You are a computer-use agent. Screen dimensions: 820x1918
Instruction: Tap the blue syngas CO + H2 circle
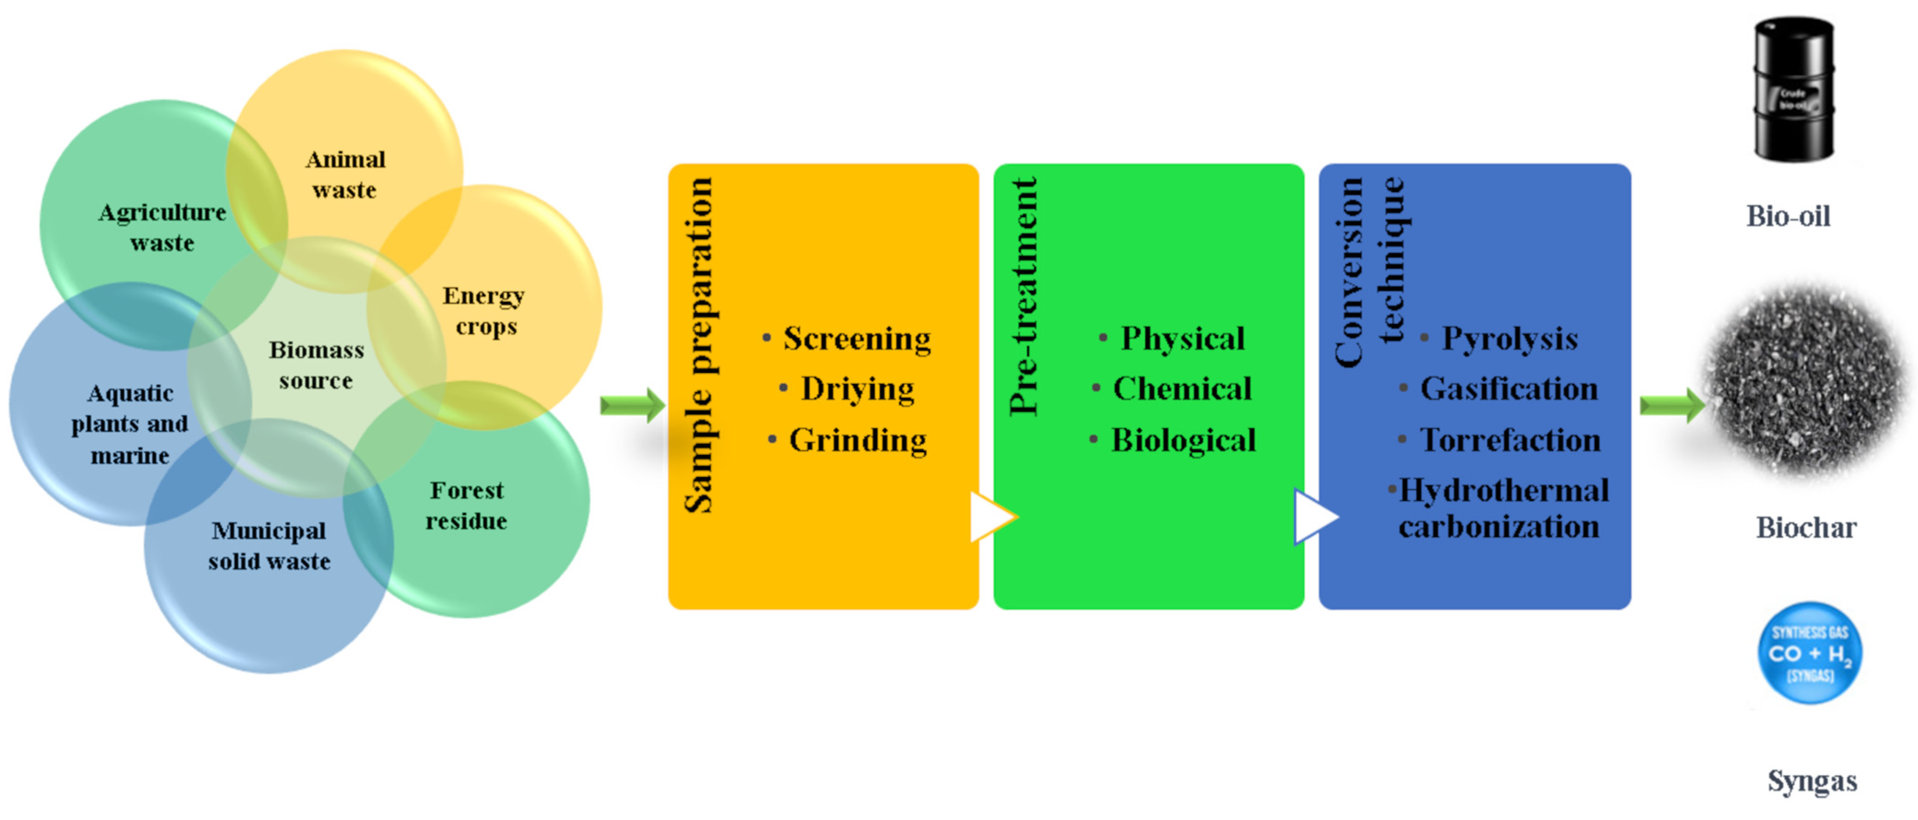tap(1809, 653)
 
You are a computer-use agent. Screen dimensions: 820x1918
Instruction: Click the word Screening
tap(856, 339)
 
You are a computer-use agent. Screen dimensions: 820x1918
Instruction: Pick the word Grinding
tap(858, 440)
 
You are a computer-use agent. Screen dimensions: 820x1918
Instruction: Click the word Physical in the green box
tap(1183, 339)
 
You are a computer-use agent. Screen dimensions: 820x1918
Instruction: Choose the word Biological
tap(1183, 440)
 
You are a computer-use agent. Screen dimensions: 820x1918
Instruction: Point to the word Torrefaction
tap(1510, 440)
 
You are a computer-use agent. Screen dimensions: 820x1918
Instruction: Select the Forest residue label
tap(466, 506)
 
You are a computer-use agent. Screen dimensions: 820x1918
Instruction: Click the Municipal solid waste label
tap(269, 546)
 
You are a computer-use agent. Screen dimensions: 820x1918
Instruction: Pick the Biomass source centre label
tap(317, 365)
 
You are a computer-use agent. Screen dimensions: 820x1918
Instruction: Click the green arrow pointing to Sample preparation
tap(632, 405)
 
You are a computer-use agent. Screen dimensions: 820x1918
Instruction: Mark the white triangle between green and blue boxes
tap(1315, 516)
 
